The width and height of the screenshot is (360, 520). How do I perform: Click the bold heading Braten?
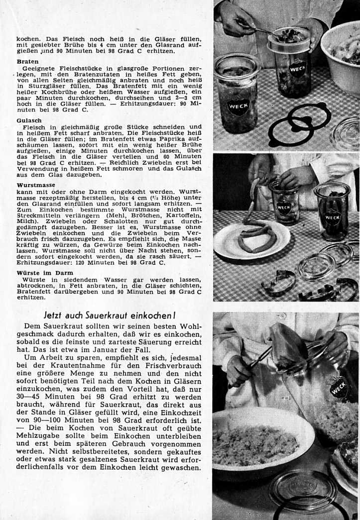click(x=27, y=62)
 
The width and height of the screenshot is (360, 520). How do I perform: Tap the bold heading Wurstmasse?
click(x=36, y=185)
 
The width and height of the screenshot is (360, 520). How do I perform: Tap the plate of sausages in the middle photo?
click(x=252, y=239)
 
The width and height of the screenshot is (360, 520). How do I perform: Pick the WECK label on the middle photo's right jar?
click(x=332, y=217)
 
